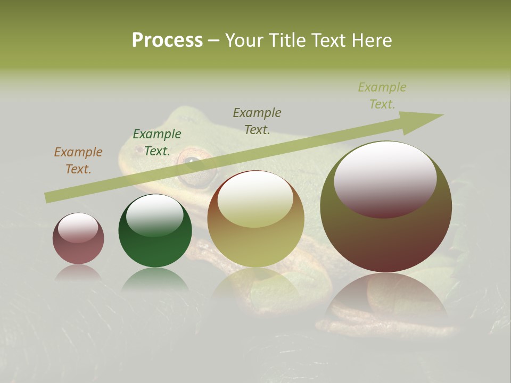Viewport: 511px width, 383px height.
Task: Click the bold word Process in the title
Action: tap(167, 40)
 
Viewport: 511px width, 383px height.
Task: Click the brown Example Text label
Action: tap(78, 160)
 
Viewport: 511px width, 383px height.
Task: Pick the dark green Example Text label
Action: tap(157, 143)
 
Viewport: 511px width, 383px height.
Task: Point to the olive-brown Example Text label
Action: tap(257, 121)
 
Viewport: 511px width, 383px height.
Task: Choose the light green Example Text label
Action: tap(382, 96)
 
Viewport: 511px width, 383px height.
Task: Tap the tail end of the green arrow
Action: tap(49, 197)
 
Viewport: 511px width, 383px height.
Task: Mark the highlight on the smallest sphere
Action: tap(78, 228)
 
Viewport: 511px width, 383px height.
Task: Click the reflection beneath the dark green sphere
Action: tap(155, 280)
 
